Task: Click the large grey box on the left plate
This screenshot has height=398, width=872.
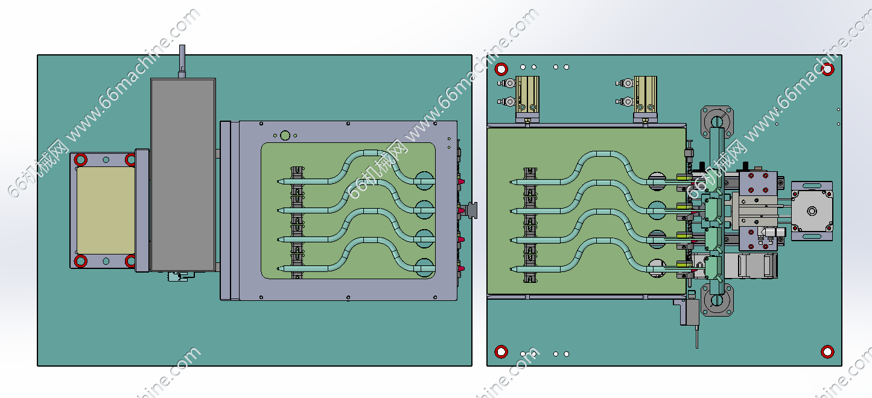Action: [x=183, y=174]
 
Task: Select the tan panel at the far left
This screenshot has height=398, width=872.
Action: [x=106, y=210]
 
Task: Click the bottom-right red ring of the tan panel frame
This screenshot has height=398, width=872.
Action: [x=130, y=261]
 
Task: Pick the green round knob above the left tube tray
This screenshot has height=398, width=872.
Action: [x=285, y=136]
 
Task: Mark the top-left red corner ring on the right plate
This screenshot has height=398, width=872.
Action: [x=501, y=69]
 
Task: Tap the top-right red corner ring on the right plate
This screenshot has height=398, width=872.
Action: [x=829, y=69]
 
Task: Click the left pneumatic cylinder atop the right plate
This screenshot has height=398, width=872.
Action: [x=526, y=95]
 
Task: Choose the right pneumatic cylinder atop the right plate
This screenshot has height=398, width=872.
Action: [x=645, y=95]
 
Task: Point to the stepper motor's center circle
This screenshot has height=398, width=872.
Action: [x=812, y=211]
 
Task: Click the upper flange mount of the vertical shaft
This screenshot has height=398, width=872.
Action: [x=716, y=121]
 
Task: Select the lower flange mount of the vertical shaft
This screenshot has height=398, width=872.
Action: [x=716, y=300]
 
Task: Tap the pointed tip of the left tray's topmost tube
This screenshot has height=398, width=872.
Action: [x=276, y=182]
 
